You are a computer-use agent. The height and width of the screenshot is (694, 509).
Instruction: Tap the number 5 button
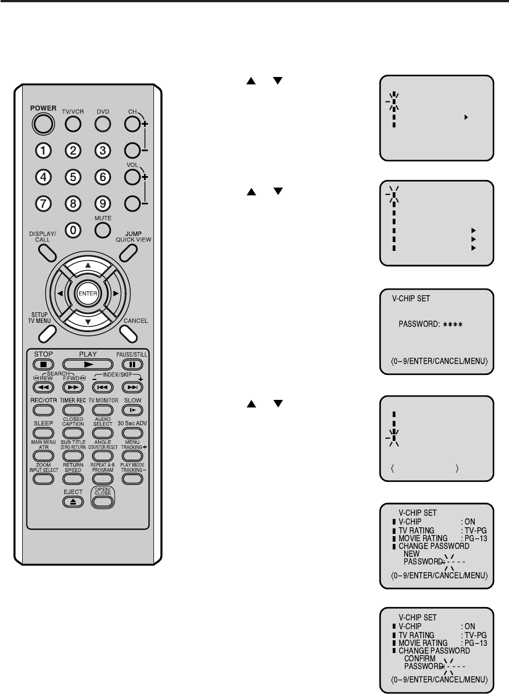[73, 177]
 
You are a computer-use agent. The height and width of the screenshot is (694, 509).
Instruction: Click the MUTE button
[102, 229]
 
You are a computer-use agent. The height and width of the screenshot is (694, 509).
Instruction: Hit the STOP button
[44, 364]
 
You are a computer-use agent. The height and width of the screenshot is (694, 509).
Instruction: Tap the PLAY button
[88, 364]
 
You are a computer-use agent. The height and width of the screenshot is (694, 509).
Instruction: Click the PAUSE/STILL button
[131, 364]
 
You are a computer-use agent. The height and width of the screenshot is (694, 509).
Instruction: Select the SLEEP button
[44, 434]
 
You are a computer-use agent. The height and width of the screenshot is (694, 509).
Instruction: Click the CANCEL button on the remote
[128, 332]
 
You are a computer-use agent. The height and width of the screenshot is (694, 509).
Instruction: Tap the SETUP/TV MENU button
[48, 332]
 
